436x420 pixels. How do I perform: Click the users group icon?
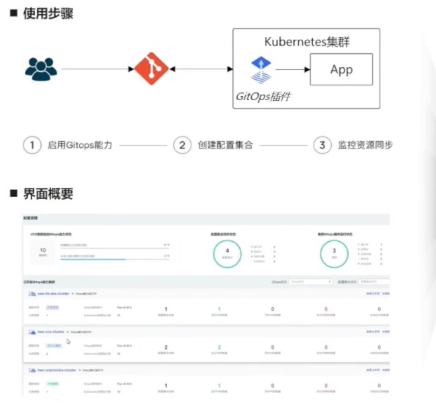click(x=41, y=69)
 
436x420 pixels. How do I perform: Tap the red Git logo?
click(x=150, y=69)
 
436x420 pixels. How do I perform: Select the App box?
click(x=341, y=69)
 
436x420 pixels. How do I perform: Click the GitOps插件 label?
click(x=263, y=96)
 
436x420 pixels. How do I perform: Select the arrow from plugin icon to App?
click(x=292, y=69)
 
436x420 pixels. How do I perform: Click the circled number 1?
click(x=32, y=145)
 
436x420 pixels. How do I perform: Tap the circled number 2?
click(x=181, y=145)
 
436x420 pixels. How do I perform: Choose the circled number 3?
click(x=322, y=145)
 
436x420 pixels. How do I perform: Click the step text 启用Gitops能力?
click(x=80, y=145)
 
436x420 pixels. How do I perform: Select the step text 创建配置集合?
click(x=225, y=145)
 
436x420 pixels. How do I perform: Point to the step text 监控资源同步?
click(x=365, y=145)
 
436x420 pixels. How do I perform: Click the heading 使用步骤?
click(x=46, y=13)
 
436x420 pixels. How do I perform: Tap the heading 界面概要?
click(x=46, y=194)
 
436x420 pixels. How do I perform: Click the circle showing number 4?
click(x=227, y=254)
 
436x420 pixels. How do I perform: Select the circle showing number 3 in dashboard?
click(x=334, y=254)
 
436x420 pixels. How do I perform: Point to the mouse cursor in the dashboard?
click(x=68, y=341)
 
